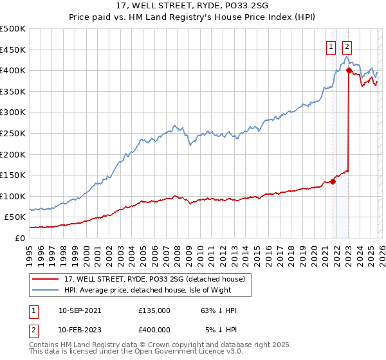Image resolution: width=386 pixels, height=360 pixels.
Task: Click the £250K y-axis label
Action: tap(13, 133)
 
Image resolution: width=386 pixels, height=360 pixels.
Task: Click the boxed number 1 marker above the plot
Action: tap(331, 46)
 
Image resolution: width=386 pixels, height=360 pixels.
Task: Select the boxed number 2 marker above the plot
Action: tap(347, 46)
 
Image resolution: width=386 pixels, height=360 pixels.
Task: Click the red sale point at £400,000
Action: tap(349, 70)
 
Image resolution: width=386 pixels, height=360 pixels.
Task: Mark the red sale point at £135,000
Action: tap(333, 181)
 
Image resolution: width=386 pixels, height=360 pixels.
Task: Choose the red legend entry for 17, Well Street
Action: tap(154, 279)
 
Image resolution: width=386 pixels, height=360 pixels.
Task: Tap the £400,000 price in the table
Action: tap(154, 329)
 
